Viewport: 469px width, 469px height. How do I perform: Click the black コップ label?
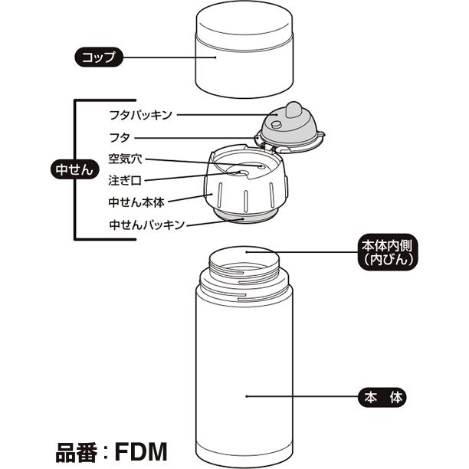click(99, 56)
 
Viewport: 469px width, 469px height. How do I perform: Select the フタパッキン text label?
click(140, 115)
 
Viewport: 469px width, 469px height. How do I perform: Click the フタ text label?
click(121, 138)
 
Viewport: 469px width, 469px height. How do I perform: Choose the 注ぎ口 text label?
click(125, 181)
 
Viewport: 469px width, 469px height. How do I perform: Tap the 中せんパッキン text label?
click(146, 225)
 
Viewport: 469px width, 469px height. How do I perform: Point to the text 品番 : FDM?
click(112, 448)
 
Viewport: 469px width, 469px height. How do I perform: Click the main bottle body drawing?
click(245, 368)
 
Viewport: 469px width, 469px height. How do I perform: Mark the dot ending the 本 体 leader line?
click(247, 397)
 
